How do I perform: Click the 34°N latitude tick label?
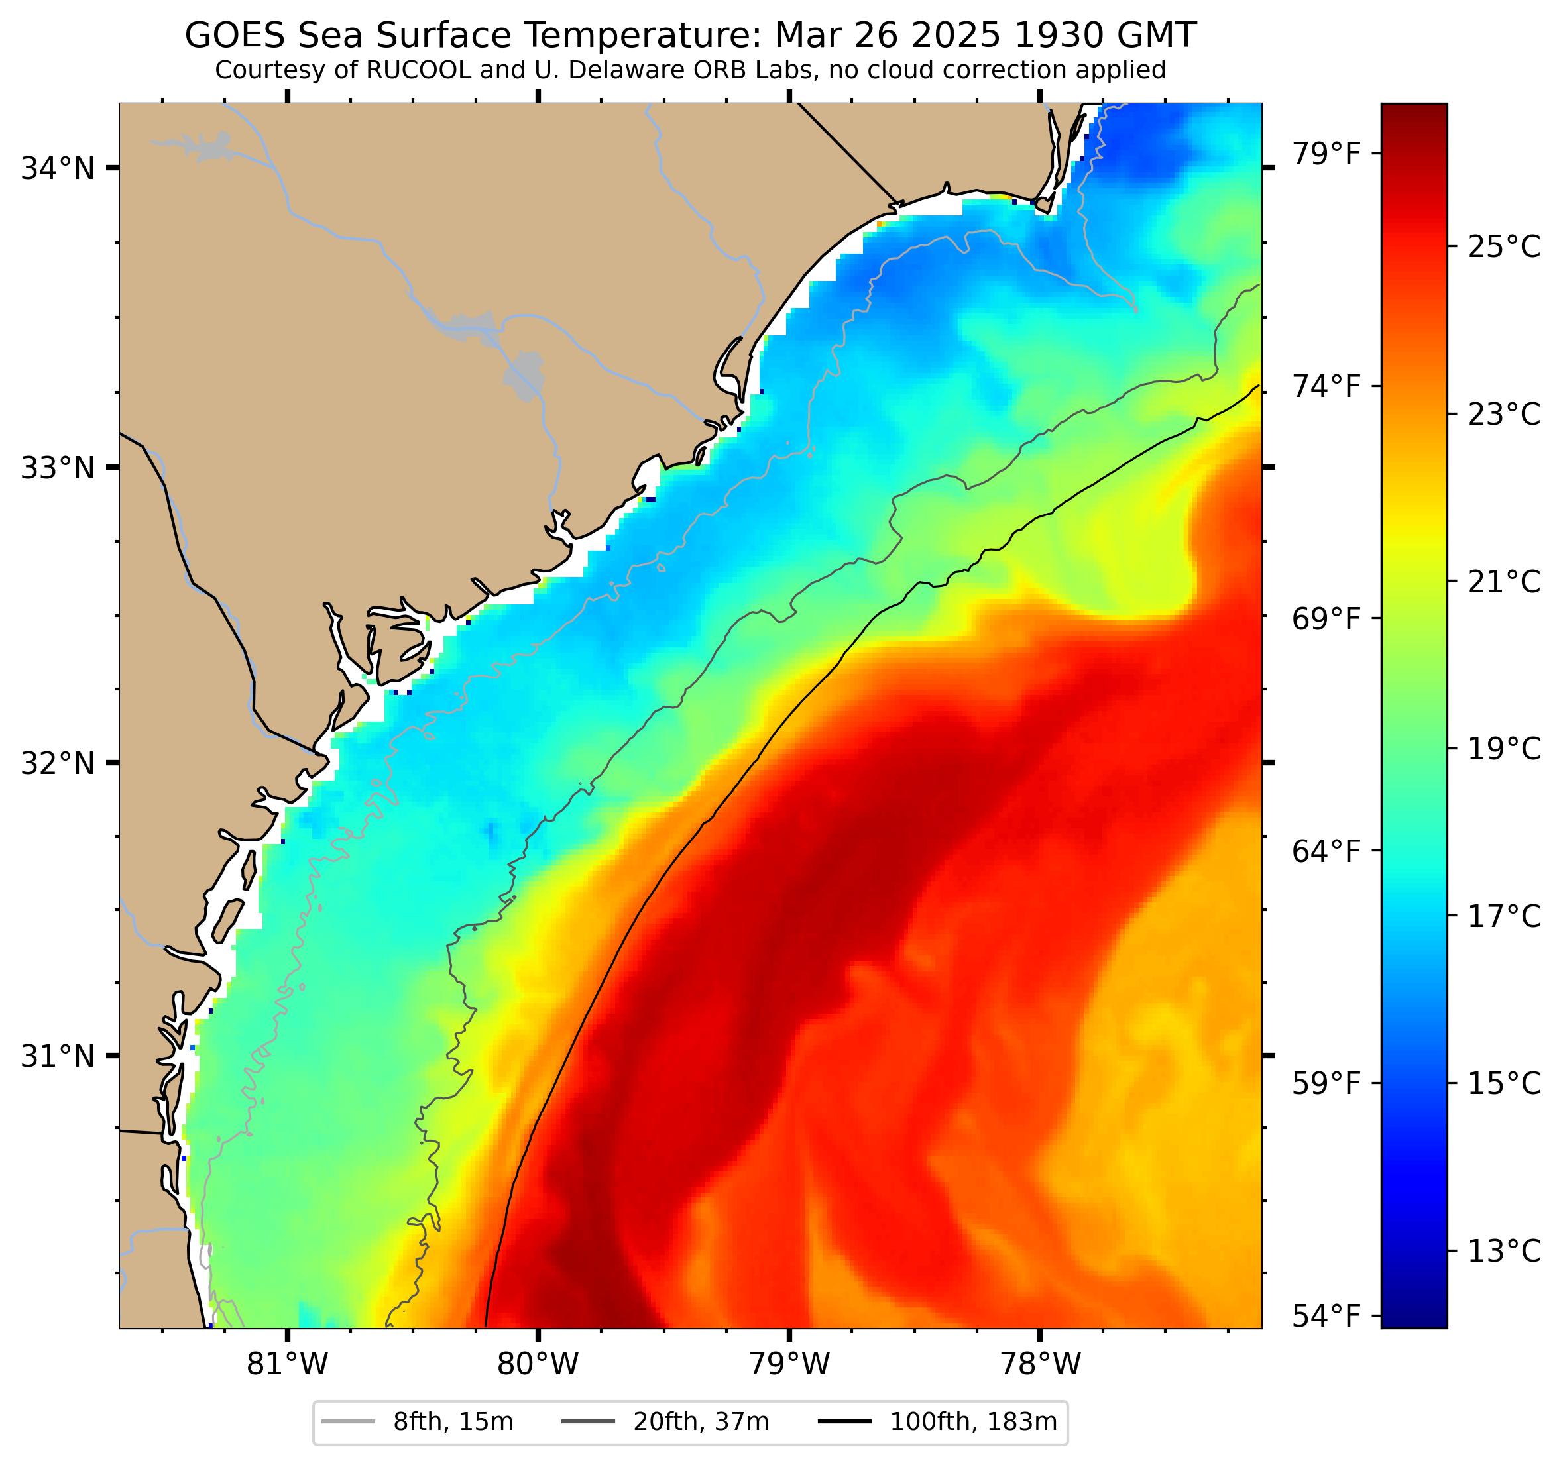point(57,168)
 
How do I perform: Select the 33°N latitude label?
point(57,468)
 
